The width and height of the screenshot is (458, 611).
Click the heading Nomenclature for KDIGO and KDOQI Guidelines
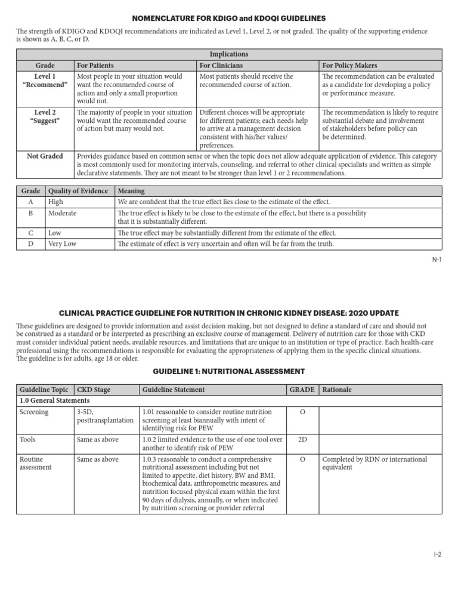[x=229, y=19]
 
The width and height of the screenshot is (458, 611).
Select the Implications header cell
[x=229, y=54]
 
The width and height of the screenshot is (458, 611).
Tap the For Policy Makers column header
[x=349, y=65]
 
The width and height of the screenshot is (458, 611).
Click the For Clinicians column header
[x=221, y=65]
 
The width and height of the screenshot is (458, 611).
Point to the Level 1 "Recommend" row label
[x=45, y=81]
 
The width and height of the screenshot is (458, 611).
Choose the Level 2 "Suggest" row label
[x=45, y=117]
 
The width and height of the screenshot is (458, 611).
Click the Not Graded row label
[x=45, y=156]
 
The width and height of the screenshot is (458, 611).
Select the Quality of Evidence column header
[x=78, y=191]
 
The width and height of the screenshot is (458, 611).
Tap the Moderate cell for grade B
[x=63, y=213]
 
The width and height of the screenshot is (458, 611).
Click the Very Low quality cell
[x=63, y=244]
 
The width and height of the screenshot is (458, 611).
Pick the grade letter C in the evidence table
[x=30, y=233]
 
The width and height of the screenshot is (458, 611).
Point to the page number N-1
[x=437, y=260]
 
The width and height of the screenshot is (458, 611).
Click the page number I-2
[x=437, y=554]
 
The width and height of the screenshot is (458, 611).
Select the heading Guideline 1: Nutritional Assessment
[x=229, y=371]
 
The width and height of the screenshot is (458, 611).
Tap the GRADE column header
[x=302, y=390]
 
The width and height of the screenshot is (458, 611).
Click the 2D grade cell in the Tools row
[x=302, y=440]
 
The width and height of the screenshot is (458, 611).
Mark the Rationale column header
[x=337, y=390]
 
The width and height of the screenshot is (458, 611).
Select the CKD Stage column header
[x=94, y=390]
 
